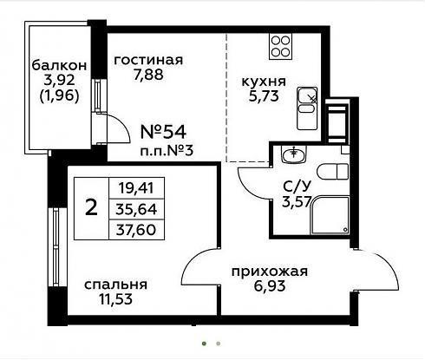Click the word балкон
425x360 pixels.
[59, 65]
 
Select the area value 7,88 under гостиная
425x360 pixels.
[148, 75]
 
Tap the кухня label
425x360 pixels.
[264, 82]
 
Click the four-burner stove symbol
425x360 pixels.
[280, 46]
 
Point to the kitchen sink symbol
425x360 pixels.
[307, 108]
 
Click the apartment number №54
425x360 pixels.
[163, 132]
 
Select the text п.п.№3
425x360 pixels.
[167, 151]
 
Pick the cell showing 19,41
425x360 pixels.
[136, 188]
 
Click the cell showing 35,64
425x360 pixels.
[136, 209]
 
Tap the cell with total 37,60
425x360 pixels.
[136, 230]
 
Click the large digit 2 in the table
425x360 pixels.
[92, 208]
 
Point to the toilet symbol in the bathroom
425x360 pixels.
[333, 172]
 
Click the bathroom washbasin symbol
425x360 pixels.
[293, 154]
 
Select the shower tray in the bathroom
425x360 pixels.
[330, 215]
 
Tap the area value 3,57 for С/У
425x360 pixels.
[297, 202]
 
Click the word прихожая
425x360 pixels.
[270, 272]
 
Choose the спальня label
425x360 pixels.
[116, 285]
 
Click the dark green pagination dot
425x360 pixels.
[205, 344]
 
